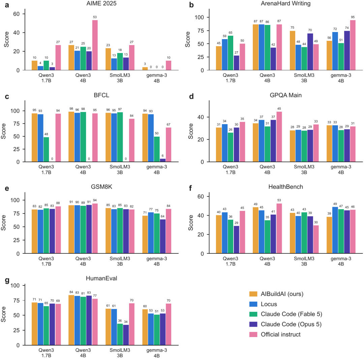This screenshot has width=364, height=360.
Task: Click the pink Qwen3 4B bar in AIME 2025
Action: (95, 45)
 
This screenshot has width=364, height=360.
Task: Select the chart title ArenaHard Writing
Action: (285, 3)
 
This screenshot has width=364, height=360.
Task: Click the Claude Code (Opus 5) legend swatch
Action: (253, 324)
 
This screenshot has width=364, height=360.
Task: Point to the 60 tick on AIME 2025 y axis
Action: (17, 14)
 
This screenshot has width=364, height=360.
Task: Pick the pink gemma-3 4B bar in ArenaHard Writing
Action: (353, 45)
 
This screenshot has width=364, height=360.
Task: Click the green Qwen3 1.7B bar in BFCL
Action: (46, 149)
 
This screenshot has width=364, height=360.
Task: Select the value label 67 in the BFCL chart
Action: (168, 124)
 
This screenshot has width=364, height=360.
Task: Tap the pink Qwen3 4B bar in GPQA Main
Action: (279, 137)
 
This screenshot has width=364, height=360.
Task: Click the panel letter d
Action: (191, 96)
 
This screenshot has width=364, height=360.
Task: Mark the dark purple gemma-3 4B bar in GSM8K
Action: (162, 237)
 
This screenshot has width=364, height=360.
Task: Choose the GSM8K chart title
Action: (101, 187)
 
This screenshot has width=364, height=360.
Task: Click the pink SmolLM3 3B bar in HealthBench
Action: (316, 239)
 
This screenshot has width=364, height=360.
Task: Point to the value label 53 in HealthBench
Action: (279, 200)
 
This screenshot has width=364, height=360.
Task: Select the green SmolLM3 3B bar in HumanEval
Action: (120, 334)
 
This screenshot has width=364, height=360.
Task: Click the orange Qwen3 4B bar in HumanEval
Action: (71, 320)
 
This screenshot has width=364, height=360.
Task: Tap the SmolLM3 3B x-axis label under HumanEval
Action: (120, 353)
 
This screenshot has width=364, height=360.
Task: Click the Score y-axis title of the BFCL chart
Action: (3, 131)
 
